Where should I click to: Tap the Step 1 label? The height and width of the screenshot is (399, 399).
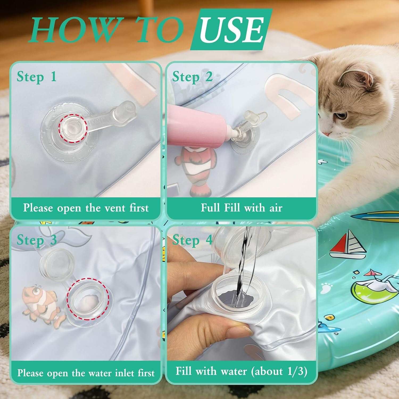coord(37,77)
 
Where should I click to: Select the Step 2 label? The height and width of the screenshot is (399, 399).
coord(192,77)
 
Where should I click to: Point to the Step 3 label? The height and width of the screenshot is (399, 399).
coord(37,240)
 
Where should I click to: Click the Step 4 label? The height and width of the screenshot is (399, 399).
coord(192,240)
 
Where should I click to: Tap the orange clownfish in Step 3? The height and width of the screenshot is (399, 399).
coord(43,305)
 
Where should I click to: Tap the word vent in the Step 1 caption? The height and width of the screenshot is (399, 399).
coord(115,208)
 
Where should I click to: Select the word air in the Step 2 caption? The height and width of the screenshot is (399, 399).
coord(276,208)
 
